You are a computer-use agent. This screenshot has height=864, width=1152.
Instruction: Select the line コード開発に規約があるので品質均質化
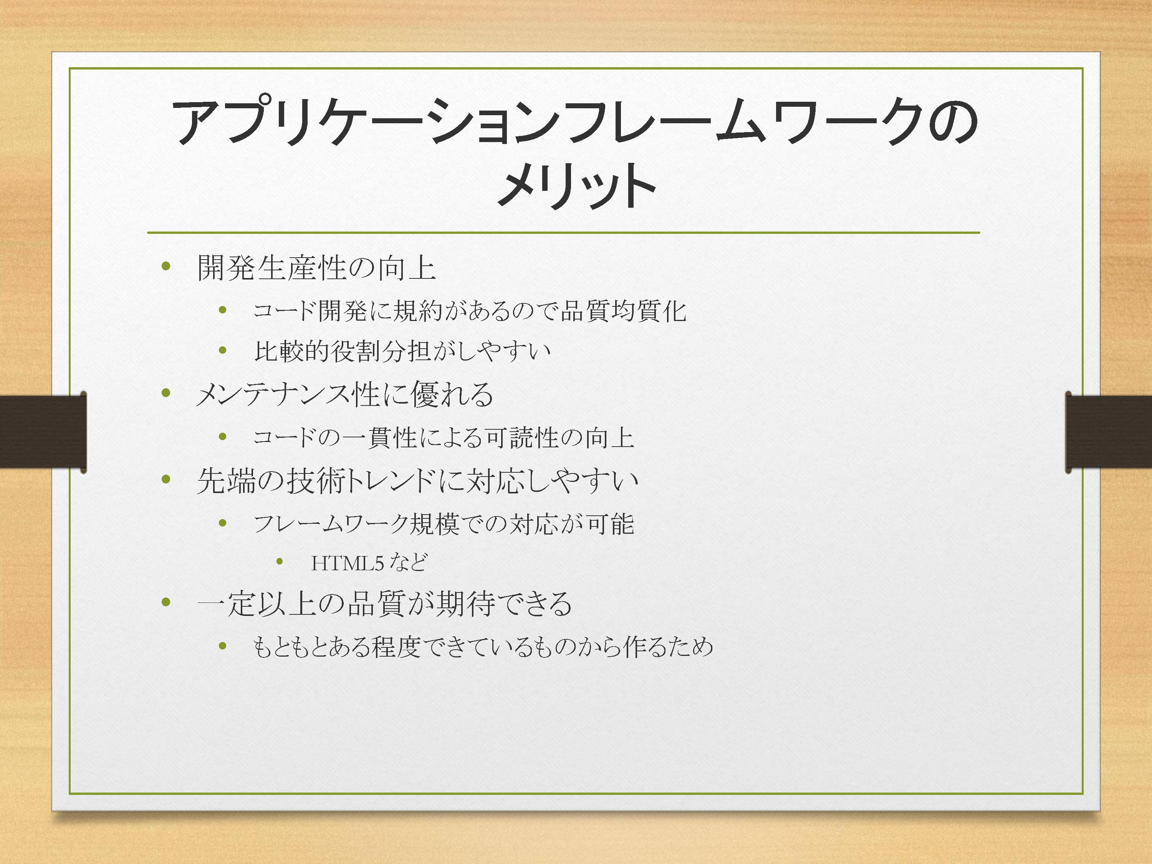(470, 311)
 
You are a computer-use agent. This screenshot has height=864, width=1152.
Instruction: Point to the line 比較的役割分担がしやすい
(402, 351)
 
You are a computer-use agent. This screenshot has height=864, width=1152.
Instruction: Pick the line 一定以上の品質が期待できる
(384, 604)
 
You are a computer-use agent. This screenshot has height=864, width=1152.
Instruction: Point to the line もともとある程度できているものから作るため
(483, 647)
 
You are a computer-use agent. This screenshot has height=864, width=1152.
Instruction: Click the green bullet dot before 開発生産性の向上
(166, 266)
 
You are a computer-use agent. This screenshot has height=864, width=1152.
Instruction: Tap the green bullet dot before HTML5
(280, 561)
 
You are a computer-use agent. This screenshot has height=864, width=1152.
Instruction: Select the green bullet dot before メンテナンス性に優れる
(166, 393)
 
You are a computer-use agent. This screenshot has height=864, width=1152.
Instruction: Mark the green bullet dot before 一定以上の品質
(166, 602)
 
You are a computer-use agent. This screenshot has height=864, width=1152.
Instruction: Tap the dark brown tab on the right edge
(1108, 432)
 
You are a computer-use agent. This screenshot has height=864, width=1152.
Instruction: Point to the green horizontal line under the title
(563, 232)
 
